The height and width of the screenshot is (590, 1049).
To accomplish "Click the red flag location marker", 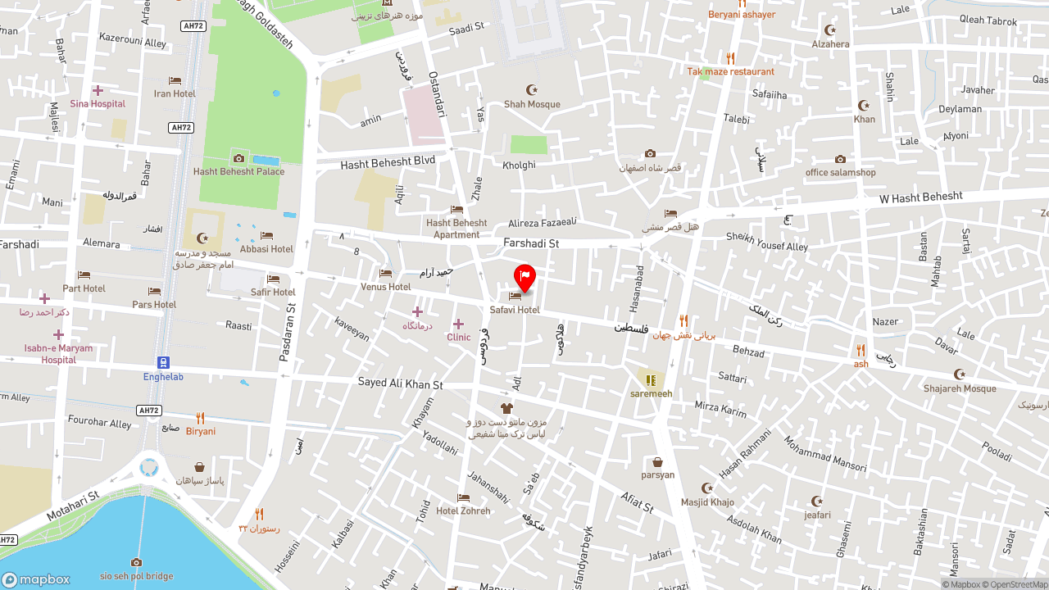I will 524,277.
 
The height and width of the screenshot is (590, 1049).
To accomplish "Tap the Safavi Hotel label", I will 515,310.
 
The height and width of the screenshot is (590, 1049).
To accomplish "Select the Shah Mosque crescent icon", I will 533,89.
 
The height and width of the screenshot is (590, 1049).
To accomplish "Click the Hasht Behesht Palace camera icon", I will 238,158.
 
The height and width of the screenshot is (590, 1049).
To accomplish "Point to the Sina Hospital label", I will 98,104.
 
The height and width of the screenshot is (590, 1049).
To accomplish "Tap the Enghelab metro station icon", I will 163,362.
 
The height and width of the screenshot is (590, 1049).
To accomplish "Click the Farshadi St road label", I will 531,243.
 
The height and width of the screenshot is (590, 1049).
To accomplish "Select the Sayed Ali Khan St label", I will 400,383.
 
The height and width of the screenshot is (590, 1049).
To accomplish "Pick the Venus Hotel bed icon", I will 385,274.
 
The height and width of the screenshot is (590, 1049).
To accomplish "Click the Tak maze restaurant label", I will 730,72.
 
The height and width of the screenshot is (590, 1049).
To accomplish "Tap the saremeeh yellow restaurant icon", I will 651,380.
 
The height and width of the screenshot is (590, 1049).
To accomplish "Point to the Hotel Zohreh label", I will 463,511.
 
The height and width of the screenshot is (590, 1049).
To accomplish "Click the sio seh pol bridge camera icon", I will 136,562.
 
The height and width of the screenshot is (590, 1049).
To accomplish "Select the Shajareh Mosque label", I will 960,388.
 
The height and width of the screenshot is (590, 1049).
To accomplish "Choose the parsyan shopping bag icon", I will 657,462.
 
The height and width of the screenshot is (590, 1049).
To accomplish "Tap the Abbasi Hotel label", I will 266,249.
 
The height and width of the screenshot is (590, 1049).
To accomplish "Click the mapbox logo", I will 36,579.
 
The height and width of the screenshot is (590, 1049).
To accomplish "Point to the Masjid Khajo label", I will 707,502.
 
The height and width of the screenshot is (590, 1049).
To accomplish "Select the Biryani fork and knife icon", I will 200,418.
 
